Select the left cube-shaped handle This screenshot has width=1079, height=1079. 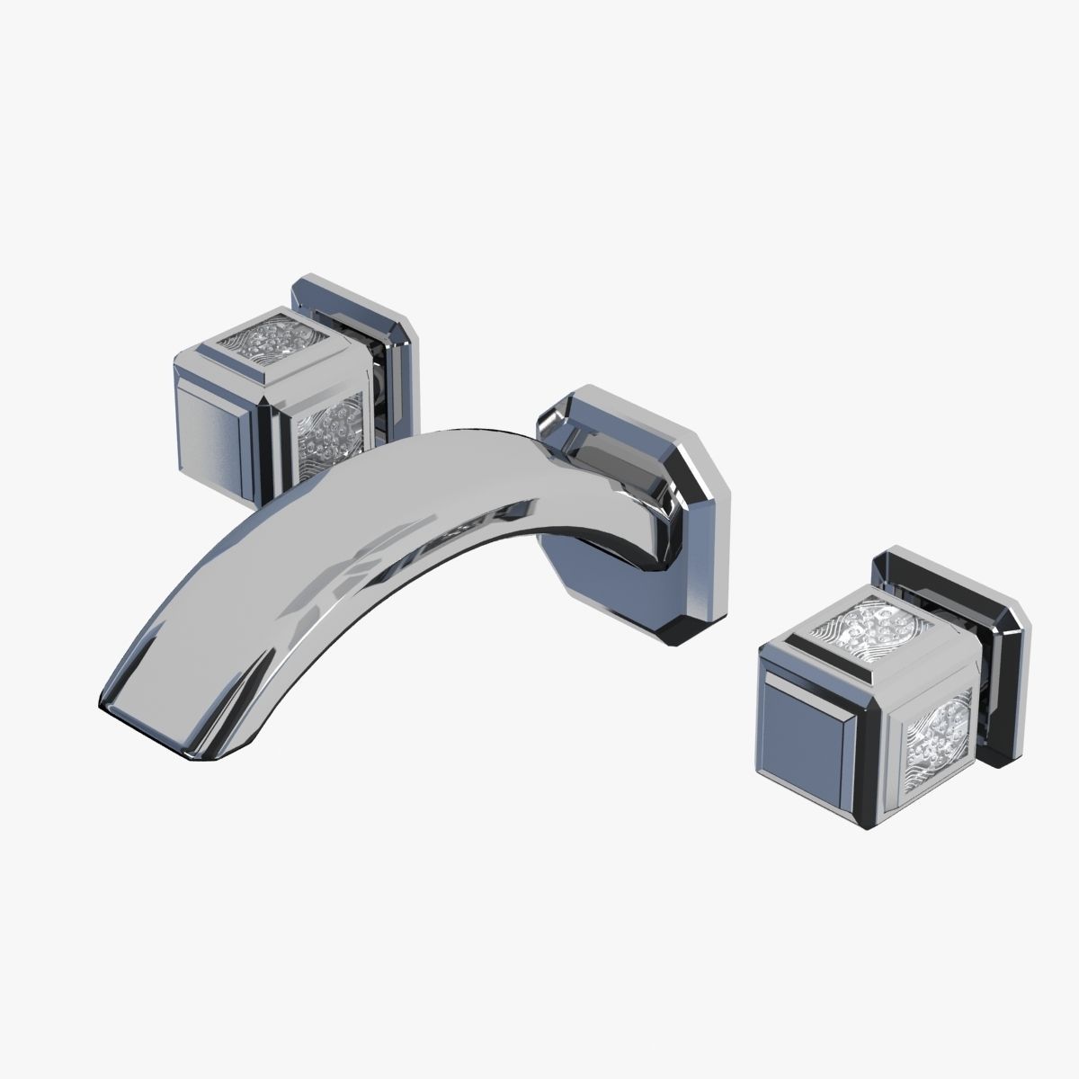[270, 396]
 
